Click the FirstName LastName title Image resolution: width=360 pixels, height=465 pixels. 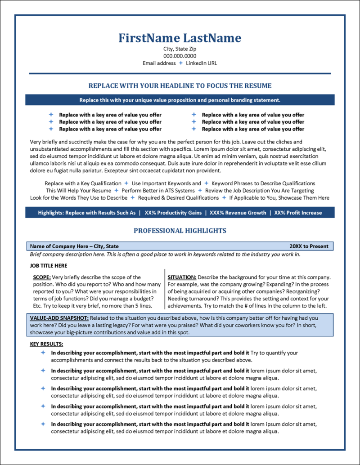pos(180,38)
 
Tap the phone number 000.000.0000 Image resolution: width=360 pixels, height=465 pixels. pos(180,56)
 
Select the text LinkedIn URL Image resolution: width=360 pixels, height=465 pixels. pos(201,63)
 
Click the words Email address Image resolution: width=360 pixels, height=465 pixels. pos(159,63)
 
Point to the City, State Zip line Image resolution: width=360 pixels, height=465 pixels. pos(180,49)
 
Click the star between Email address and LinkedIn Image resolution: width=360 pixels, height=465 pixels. pos(181,63)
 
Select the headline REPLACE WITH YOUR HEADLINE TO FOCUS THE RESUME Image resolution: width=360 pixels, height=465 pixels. pos(180,85)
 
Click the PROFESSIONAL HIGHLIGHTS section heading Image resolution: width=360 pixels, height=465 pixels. pos(180,231)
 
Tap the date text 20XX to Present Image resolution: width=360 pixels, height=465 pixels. pos(309,246)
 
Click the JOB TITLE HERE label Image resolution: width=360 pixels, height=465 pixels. pos(49,266)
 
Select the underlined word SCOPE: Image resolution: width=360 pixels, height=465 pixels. pos(42,277)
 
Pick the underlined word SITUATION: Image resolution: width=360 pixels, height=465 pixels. pos(182,277)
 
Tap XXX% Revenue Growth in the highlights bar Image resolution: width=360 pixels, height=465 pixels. pos(238,213)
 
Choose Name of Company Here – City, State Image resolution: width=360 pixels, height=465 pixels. pos(74,246)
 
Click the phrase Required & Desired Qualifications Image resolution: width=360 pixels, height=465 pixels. pos(178,198)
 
